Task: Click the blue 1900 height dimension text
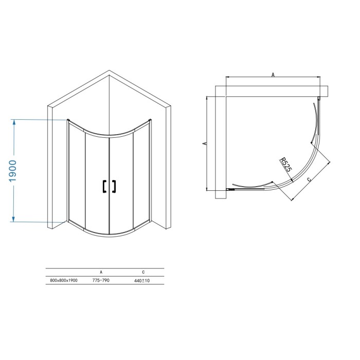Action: [x=13, y=171]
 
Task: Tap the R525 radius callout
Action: [x=285, y=165]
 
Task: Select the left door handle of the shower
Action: [x=104, y=186]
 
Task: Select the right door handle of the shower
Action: [x=114, y=186]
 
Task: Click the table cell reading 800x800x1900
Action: [x=64, y=280]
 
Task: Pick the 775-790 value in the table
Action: [x=101, y=280]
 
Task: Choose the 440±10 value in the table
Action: [x=142, y=281]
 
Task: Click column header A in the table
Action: [x=101, y=272]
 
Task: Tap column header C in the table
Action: [x=143, y=272]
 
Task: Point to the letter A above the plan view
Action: [x=273, y=75]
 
